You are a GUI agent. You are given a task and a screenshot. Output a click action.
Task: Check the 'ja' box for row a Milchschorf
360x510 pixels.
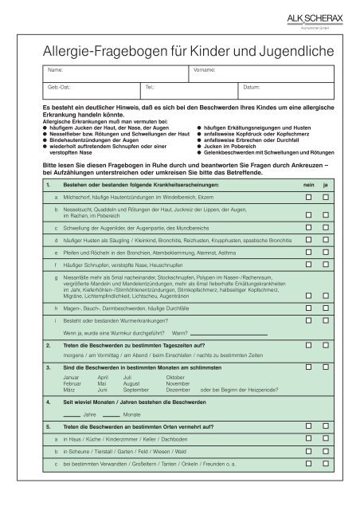[326, 195]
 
